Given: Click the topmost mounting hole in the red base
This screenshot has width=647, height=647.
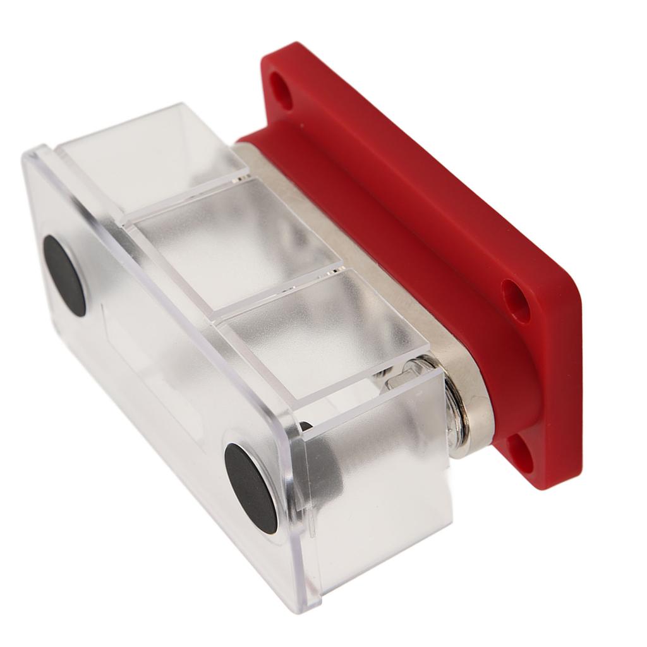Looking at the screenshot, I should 282,91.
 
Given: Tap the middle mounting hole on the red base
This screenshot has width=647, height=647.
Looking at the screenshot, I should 516,299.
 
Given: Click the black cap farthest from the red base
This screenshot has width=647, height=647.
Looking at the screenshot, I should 64,275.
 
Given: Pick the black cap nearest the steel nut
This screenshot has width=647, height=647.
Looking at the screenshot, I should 251,487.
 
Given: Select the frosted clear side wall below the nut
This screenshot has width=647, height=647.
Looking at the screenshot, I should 385,493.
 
